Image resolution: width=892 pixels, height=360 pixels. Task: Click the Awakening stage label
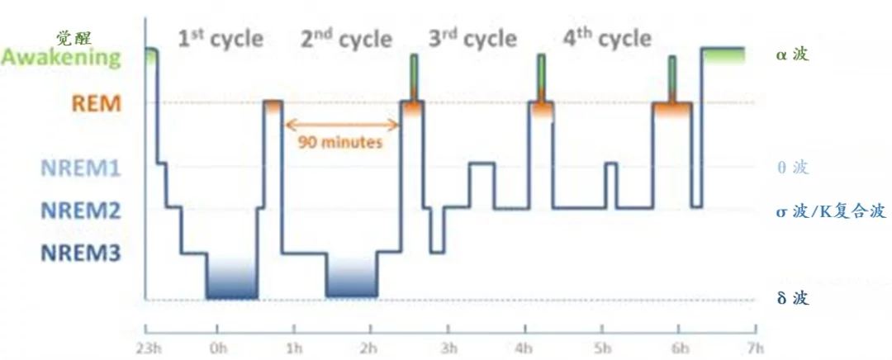click(61, 58)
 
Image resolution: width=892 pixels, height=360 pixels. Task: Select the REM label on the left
click(97, 103)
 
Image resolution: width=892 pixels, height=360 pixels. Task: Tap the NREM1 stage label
click(80, 168)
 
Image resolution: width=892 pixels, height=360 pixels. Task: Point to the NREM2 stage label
click(80, 211)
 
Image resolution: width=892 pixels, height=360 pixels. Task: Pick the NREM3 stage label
click(80, 253)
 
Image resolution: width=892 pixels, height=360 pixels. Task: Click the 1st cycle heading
click(221, 38)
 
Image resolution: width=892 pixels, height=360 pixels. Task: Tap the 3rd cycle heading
click(472, 38)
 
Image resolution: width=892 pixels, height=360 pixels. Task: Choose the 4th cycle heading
click(606, 38)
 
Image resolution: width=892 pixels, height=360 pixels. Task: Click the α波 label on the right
click(792, 56)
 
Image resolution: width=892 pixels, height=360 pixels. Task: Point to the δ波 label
click(792, 298)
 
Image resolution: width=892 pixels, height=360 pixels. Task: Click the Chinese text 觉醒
click(74, 37)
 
